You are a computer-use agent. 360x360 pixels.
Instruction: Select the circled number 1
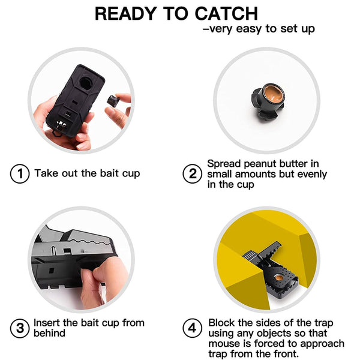tap(19, 174)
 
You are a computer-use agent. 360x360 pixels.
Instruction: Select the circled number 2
tap(192, 174)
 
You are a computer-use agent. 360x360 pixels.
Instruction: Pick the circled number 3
tap(19, 328)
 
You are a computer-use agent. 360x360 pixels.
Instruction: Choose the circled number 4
tap(192, 328)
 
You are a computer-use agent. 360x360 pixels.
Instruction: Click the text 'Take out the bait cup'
tap(87, 173)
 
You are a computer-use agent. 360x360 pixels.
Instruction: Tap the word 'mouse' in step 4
tap(224, 344)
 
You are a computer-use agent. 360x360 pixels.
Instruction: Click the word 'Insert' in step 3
tap(47, 323)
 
